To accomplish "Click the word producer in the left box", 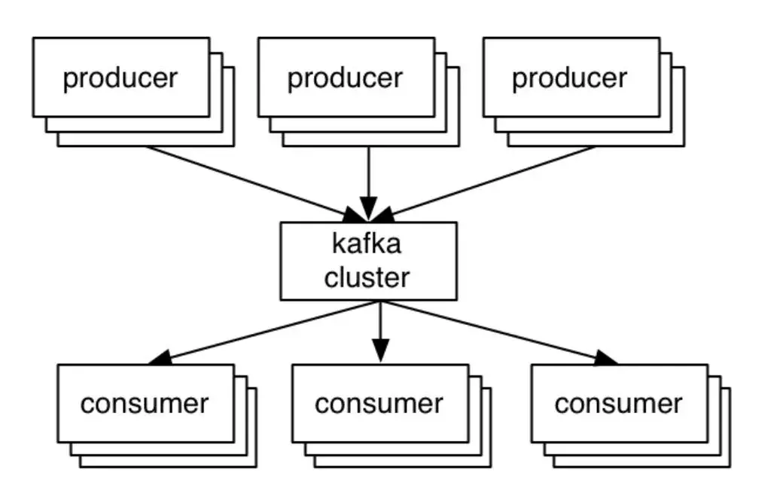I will tap(120, 78).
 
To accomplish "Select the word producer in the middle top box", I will tap(345, 78).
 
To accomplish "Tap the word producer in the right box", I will tap(569, 78).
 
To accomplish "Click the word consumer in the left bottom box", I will tap(145, 404).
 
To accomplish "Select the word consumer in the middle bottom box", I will tap(379, 404).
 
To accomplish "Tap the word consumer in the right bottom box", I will tap(618, 404).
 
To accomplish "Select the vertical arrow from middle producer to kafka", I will tap(368, 170).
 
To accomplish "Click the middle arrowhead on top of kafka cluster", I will tap(368, 208).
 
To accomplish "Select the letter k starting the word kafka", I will tap(336, 245).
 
